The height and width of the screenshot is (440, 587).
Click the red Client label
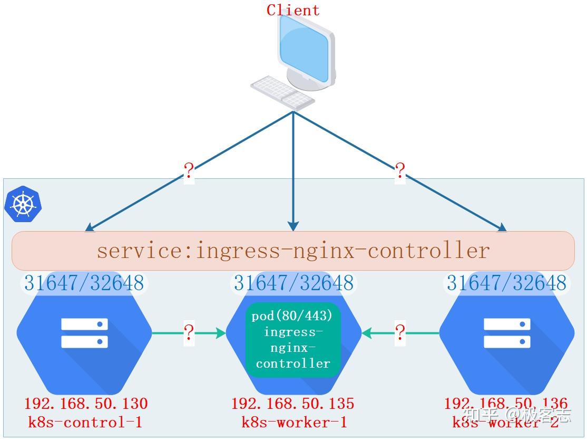[293, 10]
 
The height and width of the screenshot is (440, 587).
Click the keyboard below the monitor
[282, 91]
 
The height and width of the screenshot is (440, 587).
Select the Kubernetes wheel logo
[23, 204]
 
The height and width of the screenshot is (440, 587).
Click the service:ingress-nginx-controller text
[293, 250]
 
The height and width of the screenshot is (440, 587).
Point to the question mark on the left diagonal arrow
[189, 171]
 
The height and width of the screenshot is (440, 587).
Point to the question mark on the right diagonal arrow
[400, 171]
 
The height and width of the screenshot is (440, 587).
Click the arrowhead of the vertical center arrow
[293, 226]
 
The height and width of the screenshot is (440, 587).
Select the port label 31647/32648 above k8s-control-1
[84, 283]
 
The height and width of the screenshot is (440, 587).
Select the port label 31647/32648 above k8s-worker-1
[293, 283]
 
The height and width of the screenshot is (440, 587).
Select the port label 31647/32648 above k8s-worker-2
[506, 283]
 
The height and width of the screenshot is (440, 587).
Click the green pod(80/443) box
[293, 340]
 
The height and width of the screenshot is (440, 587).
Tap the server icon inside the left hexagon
[84, 333]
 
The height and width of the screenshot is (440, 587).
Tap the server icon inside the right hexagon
[507, 333]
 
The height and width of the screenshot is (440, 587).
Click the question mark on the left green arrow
[189, 333]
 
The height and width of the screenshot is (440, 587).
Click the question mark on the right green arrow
[400, 333]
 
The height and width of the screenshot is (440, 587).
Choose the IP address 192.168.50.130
[86, 404]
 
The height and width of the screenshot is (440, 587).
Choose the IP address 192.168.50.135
[293, 404]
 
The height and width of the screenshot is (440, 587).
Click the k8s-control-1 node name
[85, 422]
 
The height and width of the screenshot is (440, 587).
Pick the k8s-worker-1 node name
[294, 422]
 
